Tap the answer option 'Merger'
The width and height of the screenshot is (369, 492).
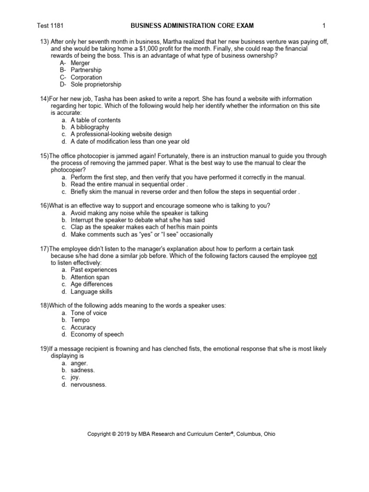(80, 63)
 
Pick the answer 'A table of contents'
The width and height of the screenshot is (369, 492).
(96, 120)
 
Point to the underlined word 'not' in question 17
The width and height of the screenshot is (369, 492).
(313, 256)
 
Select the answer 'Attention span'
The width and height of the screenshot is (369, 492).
(90, 277)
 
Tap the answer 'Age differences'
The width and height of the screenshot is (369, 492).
(91, 284)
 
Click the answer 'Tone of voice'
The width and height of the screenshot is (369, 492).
(88, 313)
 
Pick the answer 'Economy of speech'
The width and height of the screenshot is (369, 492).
(97, 334)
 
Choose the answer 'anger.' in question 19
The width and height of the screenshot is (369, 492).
(80, 363)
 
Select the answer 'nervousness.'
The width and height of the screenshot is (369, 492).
(88, 385)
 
